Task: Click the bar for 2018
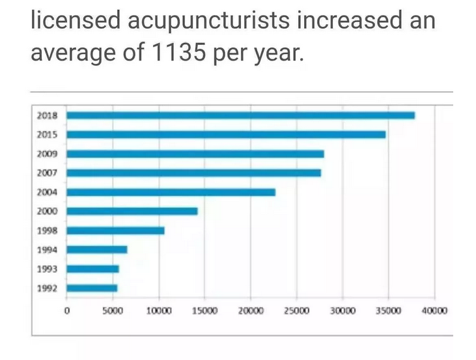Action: [x=241, y=115]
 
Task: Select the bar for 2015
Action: [x=227, y=134]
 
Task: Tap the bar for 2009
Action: [x=195, y=154]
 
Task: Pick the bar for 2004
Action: [x=171, y=192]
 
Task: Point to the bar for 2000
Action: [x=132, y=211]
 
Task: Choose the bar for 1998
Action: [x=116, y=230]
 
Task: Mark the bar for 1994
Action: [x=97, y=249]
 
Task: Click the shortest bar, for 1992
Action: [x=92, y=288]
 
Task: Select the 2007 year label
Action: [x=48, y=173]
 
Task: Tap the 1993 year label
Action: [x=48, y=269]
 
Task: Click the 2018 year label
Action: [x=48, y=116]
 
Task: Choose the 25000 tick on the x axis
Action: [x=296, y=311]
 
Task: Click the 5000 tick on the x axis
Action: [x=113, y=311]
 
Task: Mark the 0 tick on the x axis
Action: [x=67, y=311]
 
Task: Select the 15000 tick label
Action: [x=204, y=311]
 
